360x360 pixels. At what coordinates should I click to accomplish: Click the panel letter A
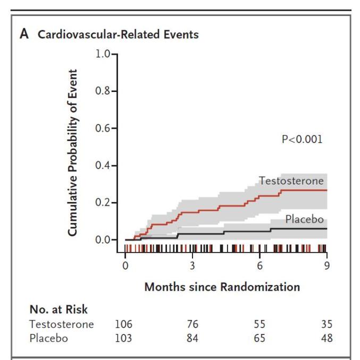(x=24, y=34)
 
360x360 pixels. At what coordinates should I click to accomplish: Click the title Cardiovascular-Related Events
(x=118, y=35)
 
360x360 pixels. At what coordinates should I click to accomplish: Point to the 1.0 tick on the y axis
(x=103, y=54)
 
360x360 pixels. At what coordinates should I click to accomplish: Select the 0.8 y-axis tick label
(x=103, y=91)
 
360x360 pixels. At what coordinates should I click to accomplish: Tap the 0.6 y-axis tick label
(x=103, y=128)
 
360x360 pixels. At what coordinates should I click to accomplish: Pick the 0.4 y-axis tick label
(x=103, y=165)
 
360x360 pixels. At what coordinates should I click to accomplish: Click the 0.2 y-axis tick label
(x=103, y=203)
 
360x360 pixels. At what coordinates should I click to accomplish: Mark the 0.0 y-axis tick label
(x=103, y=240)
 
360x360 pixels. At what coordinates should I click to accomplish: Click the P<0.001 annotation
(x=302, y=139)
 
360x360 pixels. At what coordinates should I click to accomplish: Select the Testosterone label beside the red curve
(x=291, y=181)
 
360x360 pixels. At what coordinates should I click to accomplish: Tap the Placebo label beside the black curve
(x=305, y=219)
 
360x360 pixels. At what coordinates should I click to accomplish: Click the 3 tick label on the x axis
(x=192, y=266)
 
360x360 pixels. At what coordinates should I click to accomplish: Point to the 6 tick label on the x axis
(x=259, y=266)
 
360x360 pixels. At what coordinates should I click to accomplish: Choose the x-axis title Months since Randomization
(x=222, y=287)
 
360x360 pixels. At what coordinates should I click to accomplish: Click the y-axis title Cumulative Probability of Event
(x=72, y=153)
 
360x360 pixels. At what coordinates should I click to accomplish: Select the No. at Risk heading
(x=58, y=309)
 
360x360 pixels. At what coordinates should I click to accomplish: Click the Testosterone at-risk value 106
(x=123, y=324)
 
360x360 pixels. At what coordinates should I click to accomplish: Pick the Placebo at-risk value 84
(x=192, y=338)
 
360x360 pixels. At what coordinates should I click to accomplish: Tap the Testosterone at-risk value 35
(x=326, y=324)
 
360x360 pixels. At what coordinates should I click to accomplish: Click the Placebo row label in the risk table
(x=49, y=338)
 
